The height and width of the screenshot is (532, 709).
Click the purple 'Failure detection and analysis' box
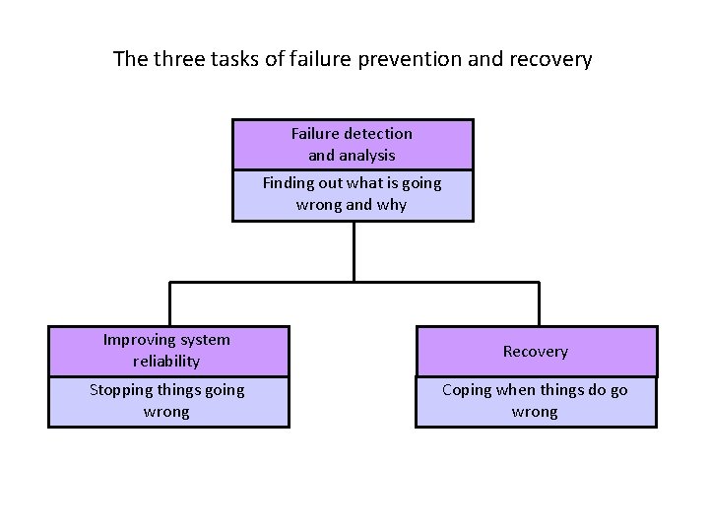353,144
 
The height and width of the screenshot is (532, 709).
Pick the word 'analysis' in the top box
366,155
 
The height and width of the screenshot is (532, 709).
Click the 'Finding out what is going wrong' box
353,195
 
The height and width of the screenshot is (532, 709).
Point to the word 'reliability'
166,362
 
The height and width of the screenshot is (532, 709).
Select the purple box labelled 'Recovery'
535,351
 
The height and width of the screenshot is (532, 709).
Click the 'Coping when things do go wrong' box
535,401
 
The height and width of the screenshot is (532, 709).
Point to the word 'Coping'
467,390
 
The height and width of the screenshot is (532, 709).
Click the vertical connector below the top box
354,251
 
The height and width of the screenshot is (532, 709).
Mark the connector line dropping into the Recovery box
539,304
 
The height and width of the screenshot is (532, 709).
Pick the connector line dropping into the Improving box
169,304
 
